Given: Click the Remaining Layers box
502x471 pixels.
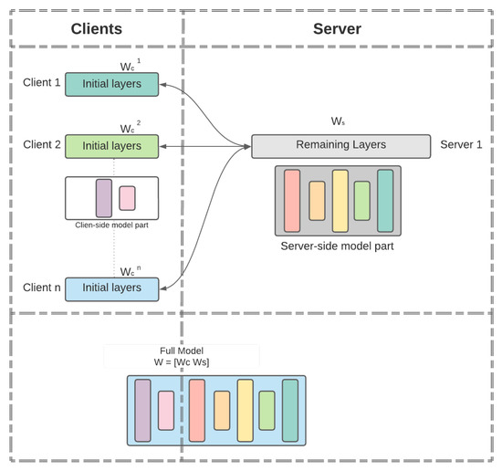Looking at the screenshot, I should click(340, 146).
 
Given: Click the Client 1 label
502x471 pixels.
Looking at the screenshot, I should click(43, 83).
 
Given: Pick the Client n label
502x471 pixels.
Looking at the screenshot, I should click(43, 288).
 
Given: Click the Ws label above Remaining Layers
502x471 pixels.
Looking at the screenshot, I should click(338, 120).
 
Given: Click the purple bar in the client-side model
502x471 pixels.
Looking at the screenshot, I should click(103, 198).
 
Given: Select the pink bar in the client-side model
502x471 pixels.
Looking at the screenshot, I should click(127, 198).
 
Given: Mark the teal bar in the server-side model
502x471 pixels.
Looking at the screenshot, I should click(384, 200).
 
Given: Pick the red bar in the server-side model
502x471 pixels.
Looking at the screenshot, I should click(292, 200).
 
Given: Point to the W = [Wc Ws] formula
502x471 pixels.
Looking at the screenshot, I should click(181, 362).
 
